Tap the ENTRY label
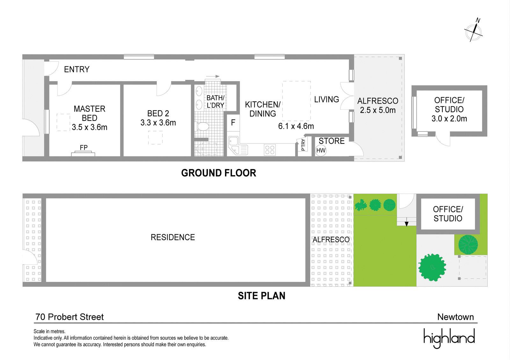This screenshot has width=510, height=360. click(77, 70)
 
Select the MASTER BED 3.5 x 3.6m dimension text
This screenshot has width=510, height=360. click(90, 127)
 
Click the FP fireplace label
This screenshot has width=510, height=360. click(84, 148)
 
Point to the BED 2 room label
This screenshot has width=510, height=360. click(158, 114)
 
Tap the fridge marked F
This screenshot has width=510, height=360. click(233, 123)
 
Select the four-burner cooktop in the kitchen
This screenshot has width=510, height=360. click(270, 150)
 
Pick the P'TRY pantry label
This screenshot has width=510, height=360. click(303, 145)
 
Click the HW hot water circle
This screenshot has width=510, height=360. click(321, 151)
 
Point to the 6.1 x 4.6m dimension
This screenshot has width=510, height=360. click(296, 126)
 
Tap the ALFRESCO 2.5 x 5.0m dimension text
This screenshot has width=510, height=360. click(378, 110)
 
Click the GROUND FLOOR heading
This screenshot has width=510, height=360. click(219, 173)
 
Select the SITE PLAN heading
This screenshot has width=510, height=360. click(261, 296)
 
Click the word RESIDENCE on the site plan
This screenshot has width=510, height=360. click(173, 237)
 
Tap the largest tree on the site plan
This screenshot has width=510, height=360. click(432, 267)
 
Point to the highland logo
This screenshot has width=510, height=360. click(449, 338)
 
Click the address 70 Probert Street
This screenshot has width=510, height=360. click(69, 317)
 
